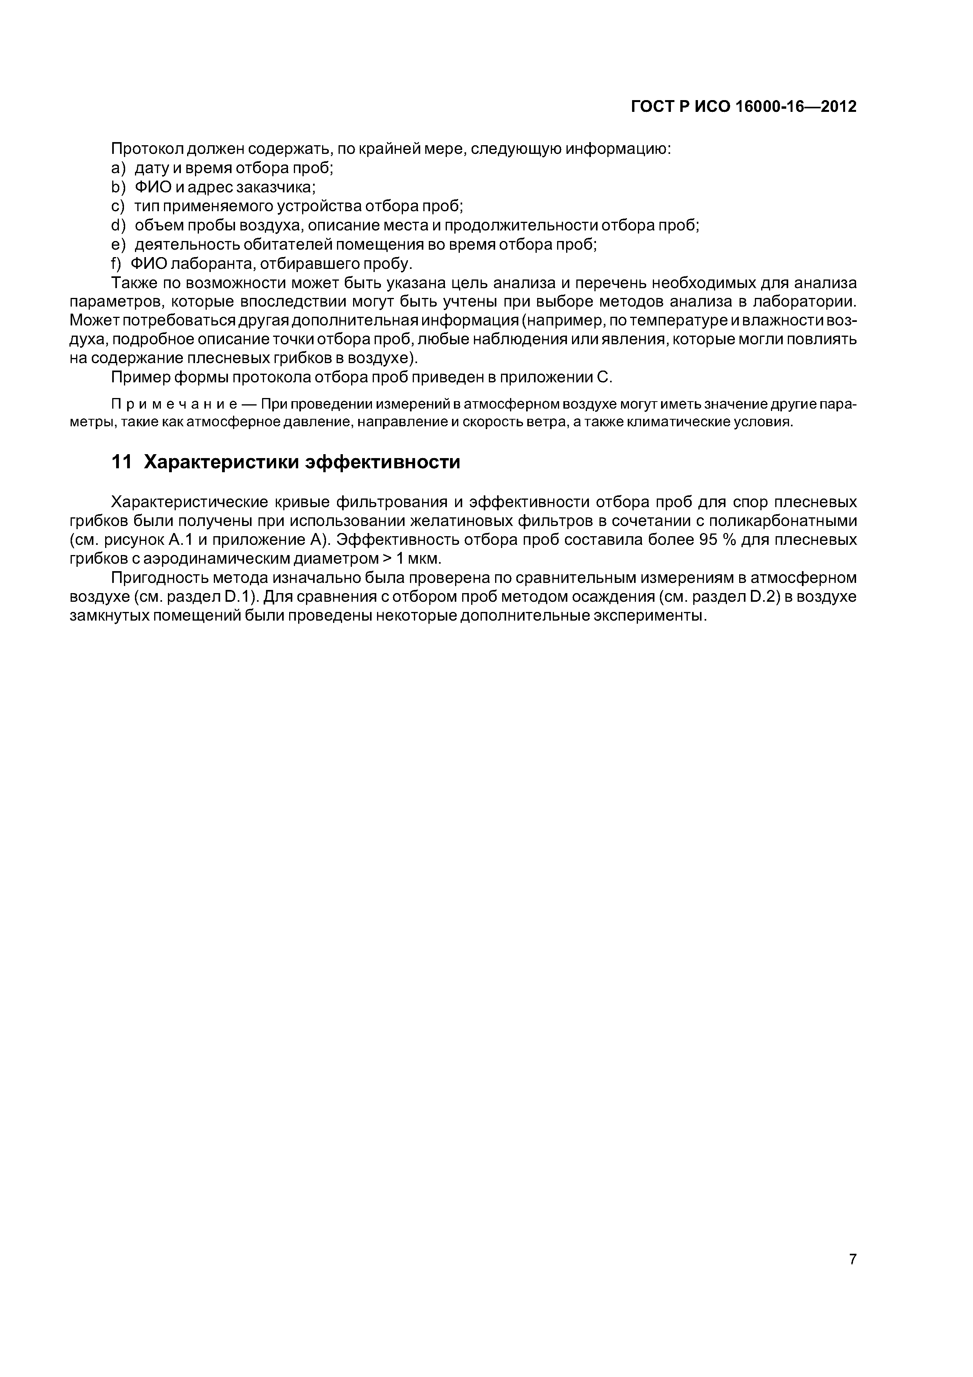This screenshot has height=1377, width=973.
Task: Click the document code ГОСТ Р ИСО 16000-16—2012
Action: click(x=743, y=107)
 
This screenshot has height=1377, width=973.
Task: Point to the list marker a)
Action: click(x=119, y=168)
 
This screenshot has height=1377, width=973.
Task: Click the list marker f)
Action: click(x=117, y=264)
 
